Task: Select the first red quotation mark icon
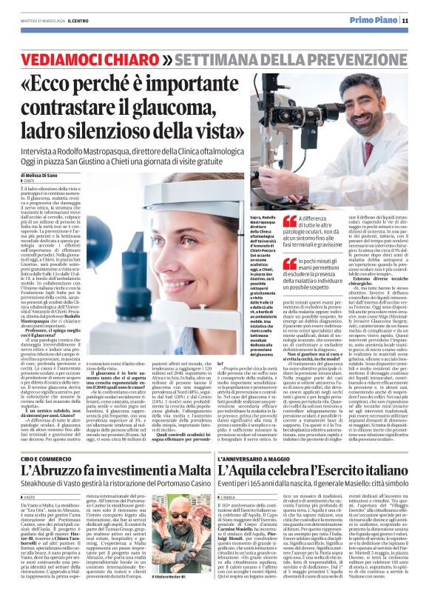pos(290,221)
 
